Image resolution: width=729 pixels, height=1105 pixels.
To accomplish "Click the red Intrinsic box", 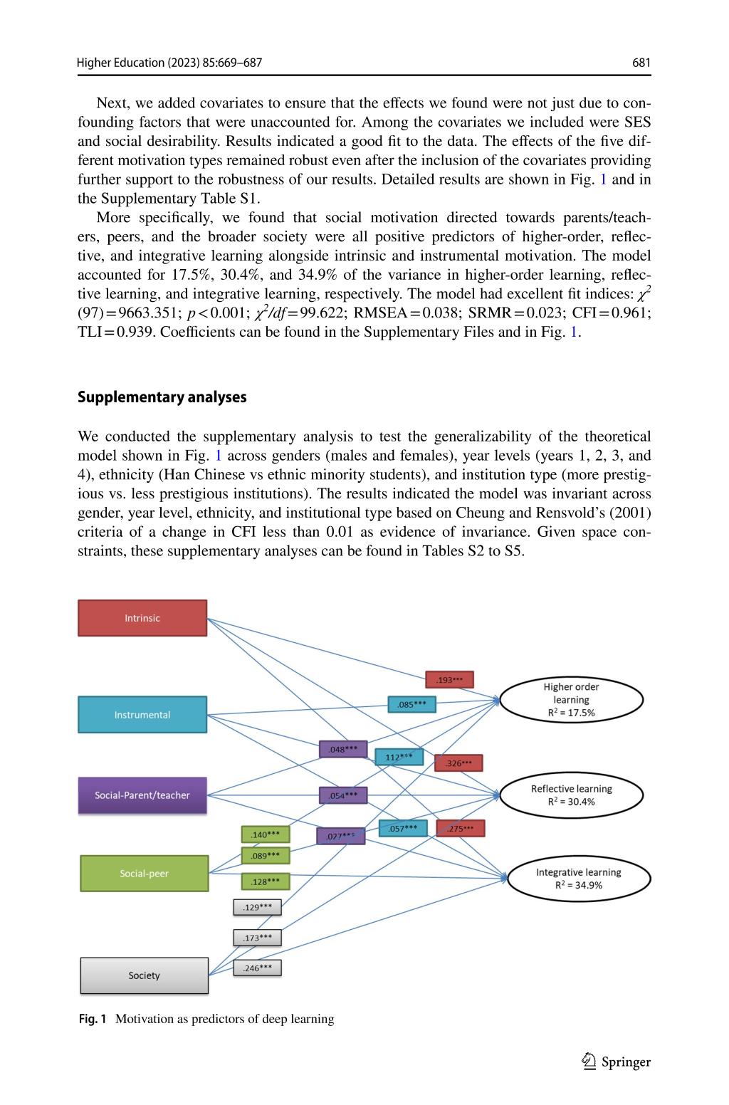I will click(142, 618).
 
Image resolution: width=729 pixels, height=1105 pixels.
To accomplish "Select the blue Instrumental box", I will click(142, 715).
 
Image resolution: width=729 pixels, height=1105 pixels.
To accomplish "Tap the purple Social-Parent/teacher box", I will click(142, 795).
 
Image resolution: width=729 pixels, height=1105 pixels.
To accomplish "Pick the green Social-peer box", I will click(145, 874).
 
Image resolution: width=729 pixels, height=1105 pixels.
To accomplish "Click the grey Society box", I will click(145, 975).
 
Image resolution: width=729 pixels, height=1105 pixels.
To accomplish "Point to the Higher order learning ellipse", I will click(571, 699).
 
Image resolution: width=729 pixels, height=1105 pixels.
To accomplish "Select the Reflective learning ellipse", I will click(571, 795).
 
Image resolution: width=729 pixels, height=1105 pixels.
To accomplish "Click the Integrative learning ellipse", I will click(578, 879).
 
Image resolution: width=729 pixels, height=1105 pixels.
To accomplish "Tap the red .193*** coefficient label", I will click(449, 680).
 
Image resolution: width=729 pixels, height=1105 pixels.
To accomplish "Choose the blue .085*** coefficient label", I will click(411, 705).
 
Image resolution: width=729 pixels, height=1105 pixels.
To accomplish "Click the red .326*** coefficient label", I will click(458, 763).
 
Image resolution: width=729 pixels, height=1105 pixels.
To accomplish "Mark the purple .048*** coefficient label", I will click(343, 749).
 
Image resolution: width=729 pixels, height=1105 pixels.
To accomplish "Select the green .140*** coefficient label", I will click(266, 834).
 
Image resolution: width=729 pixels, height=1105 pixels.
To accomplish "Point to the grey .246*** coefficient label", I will click(257, 968).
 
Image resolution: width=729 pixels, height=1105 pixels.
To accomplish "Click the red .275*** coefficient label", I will click(461, 828).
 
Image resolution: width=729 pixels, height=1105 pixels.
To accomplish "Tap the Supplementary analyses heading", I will click(162, 397).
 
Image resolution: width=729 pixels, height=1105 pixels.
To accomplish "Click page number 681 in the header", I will click(641, 63).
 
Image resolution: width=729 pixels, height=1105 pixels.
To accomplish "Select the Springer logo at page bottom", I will click(617, 1062).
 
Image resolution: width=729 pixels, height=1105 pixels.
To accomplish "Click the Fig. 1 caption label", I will click(93, 1019).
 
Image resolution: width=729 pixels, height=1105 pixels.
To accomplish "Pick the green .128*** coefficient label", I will click(266, 881).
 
